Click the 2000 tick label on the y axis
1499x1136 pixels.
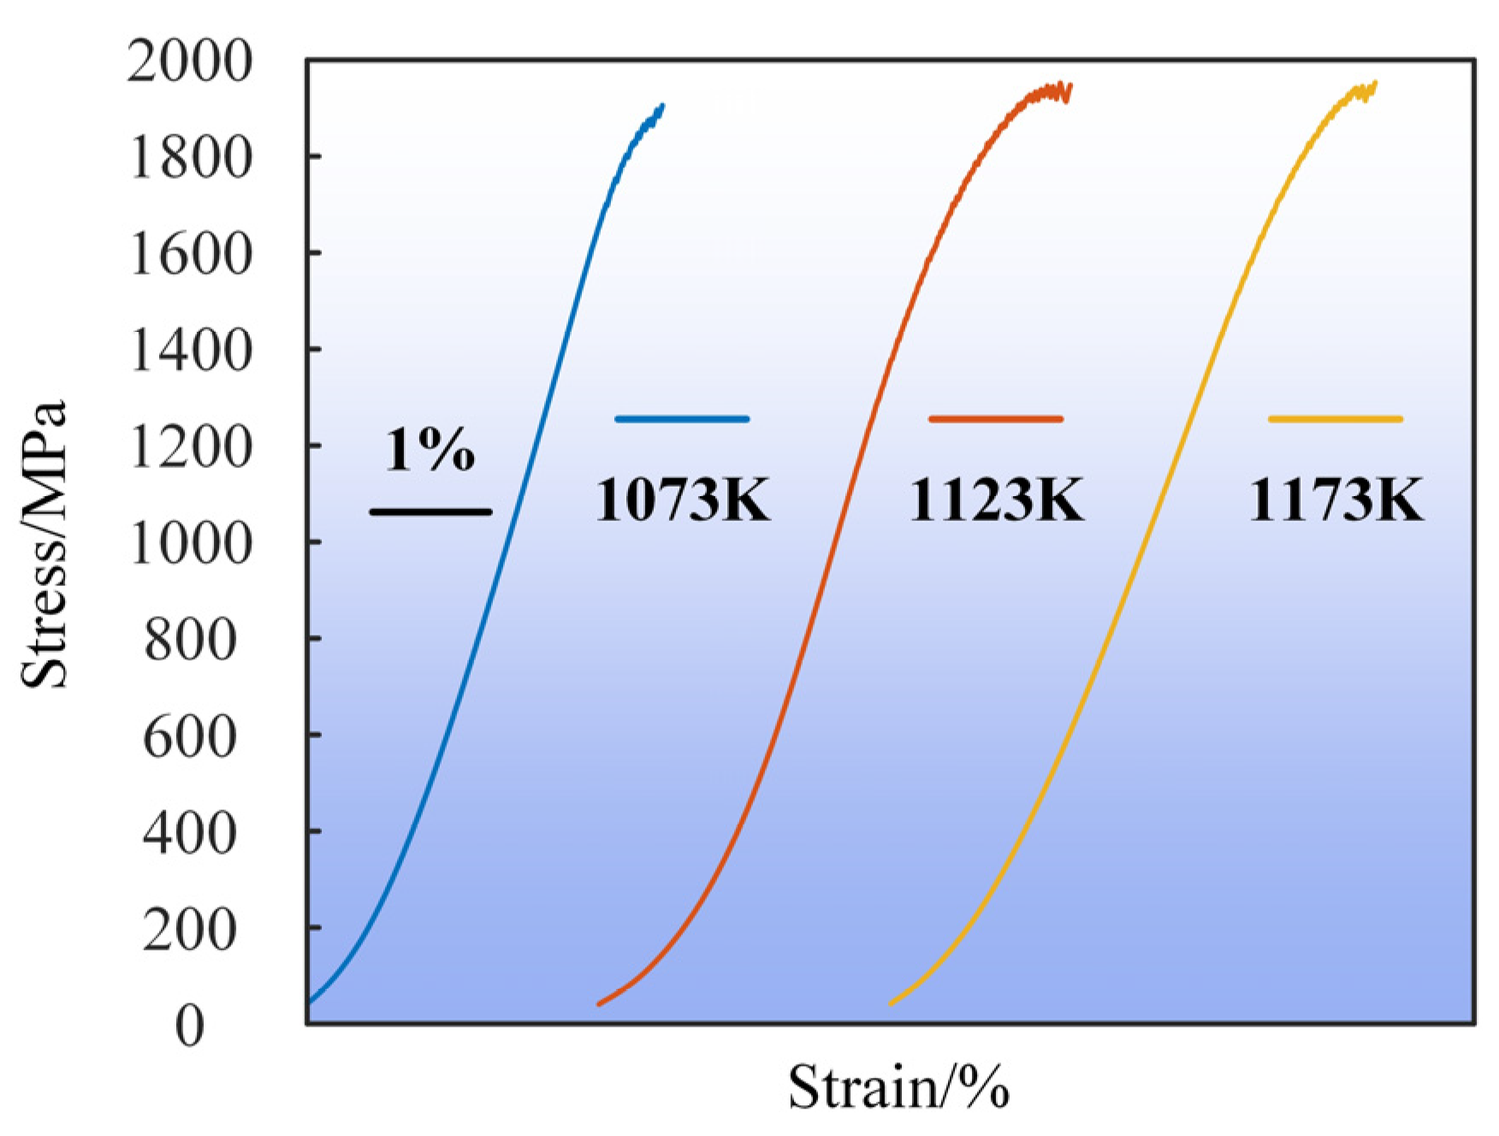190,63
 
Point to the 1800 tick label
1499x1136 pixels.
190,159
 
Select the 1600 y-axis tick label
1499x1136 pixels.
190,256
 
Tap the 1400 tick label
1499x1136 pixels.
190,352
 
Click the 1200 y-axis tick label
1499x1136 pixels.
190,447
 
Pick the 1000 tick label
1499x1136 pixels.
190,544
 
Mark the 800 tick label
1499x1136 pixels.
190,640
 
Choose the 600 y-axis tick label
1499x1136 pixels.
190,737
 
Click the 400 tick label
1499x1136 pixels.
190,833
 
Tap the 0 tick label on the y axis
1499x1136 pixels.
190,1026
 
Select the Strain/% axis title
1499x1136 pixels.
898,1088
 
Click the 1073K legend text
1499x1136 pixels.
683,500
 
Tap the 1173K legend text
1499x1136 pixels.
1336,500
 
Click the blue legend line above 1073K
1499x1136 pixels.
682,419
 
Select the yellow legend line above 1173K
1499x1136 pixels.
1335,419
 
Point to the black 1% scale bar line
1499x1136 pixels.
430,512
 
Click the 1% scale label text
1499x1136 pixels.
430,450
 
